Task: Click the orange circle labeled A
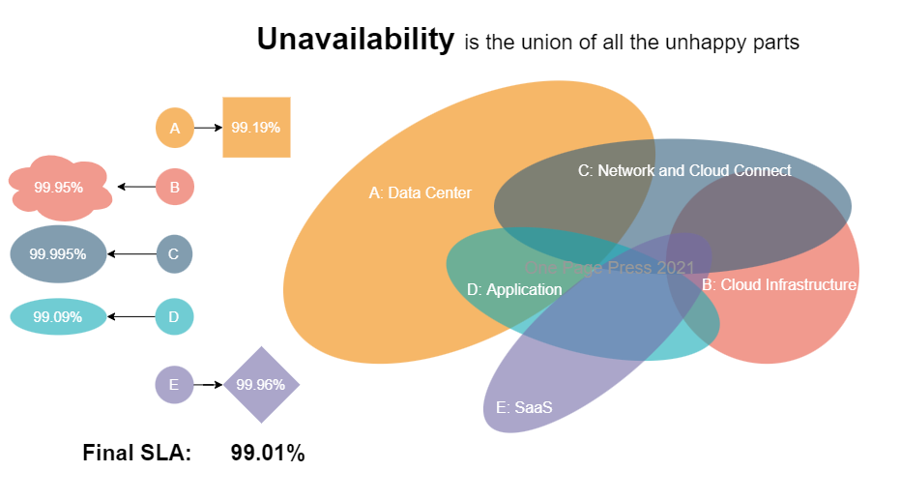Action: [175, 128]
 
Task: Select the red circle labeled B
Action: [175, 187]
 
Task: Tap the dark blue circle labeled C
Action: [174, 254]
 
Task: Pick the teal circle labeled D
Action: [174, 316]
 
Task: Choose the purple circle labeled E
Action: [174, 385]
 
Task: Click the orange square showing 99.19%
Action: [256, 127]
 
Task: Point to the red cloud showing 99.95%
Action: [59, 187]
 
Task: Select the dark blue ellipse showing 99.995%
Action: [58, 254]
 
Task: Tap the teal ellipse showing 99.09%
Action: [58, 316]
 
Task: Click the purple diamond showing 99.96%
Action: [261, 385]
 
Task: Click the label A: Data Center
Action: [421, 193]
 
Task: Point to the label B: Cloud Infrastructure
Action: [779, 285]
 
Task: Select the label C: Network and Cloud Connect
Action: [684, 171]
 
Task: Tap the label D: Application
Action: [514, 290]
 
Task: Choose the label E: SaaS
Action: [524, 407]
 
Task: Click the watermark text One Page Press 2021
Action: [609, 268]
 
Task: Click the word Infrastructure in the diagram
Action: [810, 285]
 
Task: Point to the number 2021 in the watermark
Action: [676, 268]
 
